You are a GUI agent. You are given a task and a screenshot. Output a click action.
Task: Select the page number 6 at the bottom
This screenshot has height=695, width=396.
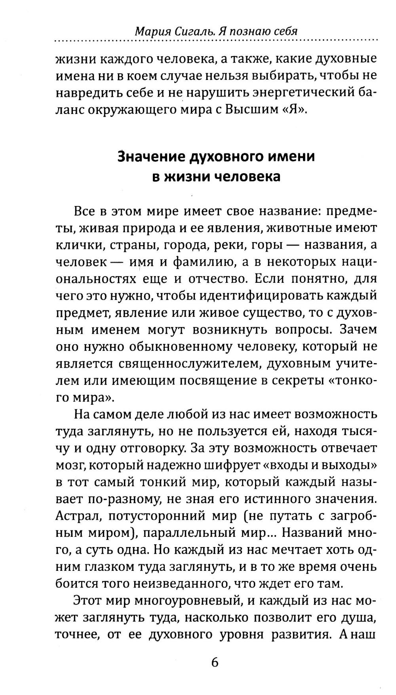(x=215, y=661)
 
